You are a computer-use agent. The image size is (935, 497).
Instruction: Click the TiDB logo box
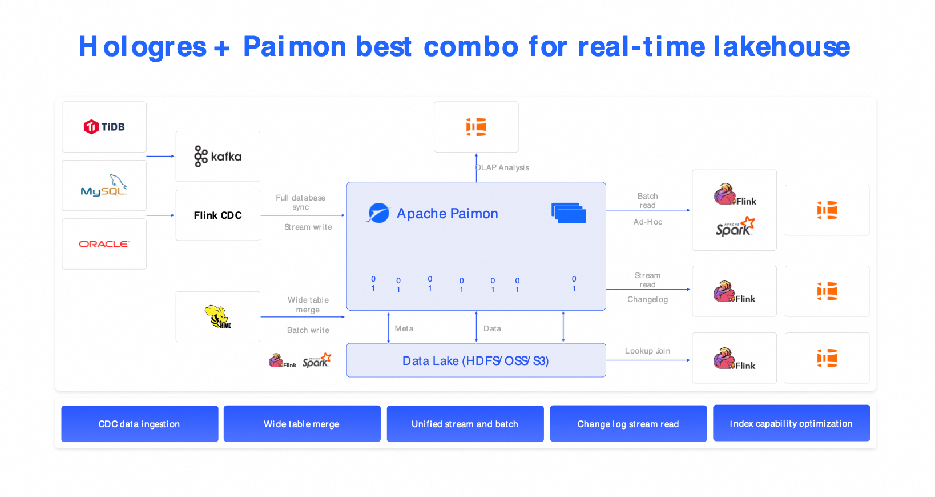pyautogui.click(x=104, y=127)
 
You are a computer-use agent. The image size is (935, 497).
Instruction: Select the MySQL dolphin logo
pyautogui.click(x=104, y=185)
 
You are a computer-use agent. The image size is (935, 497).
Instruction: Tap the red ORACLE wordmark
pyautogui.click(x=104, y=244)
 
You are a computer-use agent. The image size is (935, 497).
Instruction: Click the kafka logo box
pyautogui.click(x=218, y=156)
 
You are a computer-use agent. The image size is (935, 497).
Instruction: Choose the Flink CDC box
pyautogui.click(x=218, y=215)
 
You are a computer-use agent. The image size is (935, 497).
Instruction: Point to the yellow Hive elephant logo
pyautogui.click(x=217, y=316)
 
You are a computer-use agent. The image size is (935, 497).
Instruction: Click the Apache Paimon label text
pyautogui.click(x=447, y=214)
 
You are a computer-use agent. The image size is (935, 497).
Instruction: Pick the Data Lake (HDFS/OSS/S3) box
pyautogui.click(x=476, y=360)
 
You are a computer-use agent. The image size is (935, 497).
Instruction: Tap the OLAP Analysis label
pyautogui.click(x=502, y=167)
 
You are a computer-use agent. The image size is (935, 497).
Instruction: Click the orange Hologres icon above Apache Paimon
pyautogui.click(x=476, y=127)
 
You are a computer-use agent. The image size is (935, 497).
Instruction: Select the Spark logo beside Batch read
pyautogui.click(x=735, y=226)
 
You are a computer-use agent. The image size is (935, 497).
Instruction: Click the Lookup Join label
pyautogui.click(x=647, y=351)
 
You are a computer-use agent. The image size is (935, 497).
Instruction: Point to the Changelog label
pyautogui.click(x=647, y=299)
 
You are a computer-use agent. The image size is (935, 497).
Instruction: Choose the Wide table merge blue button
pyautogui.click(x=302, y=424)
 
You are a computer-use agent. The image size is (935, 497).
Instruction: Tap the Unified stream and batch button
pyautogui.click(x=465, y=424)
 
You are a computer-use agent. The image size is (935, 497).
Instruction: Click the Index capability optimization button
pyautogui.click(x=791, y=423)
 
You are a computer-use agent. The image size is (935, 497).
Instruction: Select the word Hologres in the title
pyautogui.click(x=142, y=47)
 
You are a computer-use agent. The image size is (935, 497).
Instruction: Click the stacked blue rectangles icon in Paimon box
pyautogui.click(x=569, y=213)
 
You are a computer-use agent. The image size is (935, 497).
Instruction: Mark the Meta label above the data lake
pyautogui.click(x=404, y=328)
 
